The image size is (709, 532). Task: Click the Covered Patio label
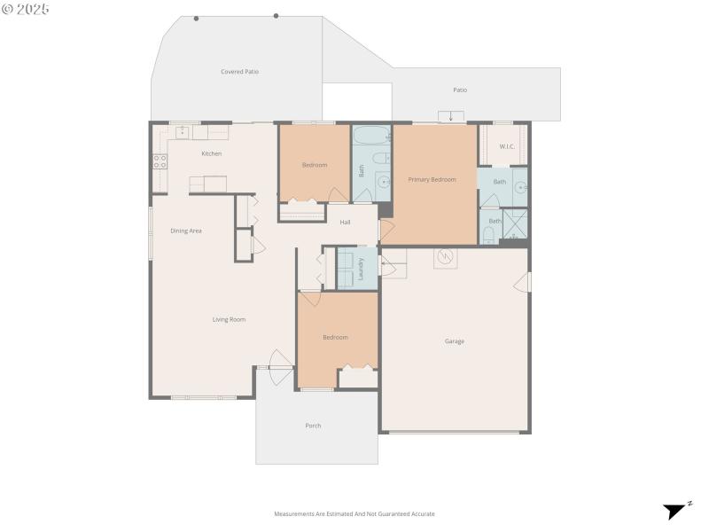point(239,72)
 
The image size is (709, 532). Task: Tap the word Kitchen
point(211,154)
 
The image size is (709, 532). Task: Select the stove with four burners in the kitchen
point(160,161)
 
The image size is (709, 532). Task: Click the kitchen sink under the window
point(183,132)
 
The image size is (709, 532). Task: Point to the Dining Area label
point(186,231)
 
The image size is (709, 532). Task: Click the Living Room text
point(229,319)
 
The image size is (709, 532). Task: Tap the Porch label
point(313,426)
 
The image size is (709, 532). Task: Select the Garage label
point(454,341)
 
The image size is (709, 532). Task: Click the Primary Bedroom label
point(432,180)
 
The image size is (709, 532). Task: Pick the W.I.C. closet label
point(507,146)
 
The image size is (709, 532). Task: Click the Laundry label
point(361,268)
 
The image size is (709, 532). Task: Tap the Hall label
point(346,222)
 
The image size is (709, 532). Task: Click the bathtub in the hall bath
point(370,137)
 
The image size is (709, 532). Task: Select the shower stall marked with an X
point(515,226)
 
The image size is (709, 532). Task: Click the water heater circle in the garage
point(446,257)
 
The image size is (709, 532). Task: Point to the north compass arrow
point(675,511)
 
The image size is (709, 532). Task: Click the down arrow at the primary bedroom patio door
point(451,117)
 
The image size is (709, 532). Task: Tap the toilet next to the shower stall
point(489,235)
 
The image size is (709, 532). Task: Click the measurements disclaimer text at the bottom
point(354,513)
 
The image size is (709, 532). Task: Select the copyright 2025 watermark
point(26,8)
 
